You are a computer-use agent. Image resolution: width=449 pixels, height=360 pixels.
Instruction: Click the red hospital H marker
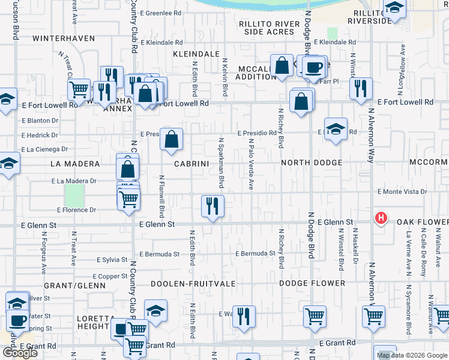pyautogui.click(x=380, y=218)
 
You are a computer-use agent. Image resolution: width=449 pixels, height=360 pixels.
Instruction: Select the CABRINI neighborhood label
pyautogui.click(x=191, y=163)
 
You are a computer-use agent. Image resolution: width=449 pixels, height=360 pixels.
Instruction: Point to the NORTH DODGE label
pyautogui.click(x=312, y=163)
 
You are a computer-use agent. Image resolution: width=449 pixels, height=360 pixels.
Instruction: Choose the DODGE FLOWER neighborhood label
pyautogui.click(x=312, y=283)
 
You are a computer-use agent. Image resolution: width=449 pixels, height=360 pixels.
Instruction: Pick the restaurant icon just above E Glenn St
pyautogui.click(x=212, y=206)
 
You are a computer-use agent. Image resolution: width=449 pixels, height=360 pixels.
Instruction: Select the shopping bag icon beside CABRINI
pyautogui.click(x=172, y=140)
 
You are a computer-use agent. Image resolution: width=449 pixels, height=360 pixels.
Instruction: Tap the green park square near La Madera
pyautogui.click(x=74, y=194)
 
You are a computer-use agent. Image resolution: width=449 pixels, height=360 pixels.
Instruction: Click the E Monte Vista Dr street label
pyautogui.click(x=402, y=192)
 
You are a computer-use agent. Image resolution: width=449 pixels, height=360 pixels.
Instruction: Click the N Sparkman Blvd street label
pyautogui.click(x=221, y=162)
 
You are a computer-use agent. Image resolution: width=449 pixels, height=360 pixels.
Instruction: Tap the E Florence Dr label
pyautogui.click(x=76, y=210)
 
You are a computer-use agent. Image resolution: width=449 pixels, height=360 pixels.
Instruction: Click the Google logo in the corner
pyautogui.click(x=20, y=353)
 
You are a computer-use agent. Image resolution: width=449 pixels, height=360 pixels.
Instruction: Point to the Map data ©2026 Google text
pyautogui.click(x=412, y=355)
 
